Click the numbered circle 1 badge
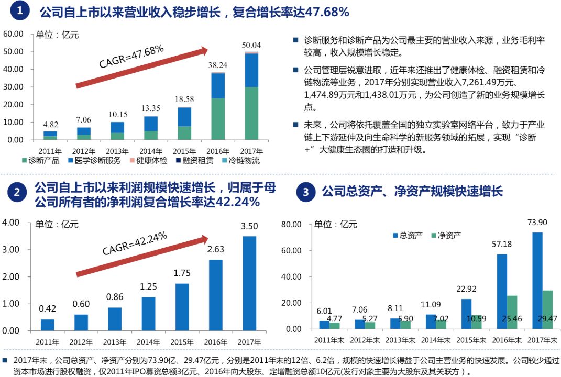19,11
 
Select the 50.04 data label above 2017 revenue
251,45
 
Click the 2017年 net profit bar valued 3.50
249,283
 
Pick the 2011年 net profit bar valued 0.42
48,325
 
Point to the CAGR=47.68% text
131,56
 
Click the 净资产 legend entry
445,235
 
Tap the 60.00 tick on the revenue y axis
14,34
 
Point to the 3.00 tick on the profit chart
11,249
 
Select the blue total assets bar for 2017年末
537,281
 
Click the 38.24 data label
218,65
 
